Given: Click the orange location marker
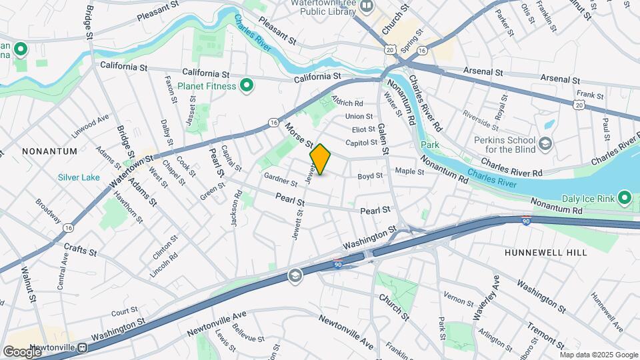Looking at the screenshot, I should click(x=320, y=159).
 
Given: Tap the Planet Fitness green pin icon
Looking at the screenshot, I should click(x=247, y=85).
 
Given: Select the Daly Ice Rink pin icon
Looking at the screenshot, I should click(x=625, y=197).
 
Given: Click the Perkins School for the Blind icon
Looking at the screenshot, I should click(x=545, y=144).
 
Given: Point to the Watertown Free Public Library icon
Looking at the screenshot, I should click(x=366, y=7).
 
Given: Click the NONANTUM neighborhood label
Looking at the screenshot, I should click(x=49, y=151).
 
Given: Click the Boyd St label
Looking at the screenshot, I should click(x=370, y=176).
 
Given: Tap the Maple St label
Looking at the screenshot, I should click(x=410, y=171).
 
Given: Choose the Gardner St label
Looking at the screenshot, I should click(x=280, y=179).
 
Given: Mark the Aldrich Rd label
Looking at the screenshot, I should click(x=347, y=103).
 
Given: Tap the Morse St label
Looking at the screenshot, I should click(x=299, y=134).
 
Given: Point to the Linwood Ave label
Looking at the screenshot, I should click(x=90, y=124).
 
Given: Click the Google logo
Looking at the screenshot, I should click(x=21, y=351).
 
